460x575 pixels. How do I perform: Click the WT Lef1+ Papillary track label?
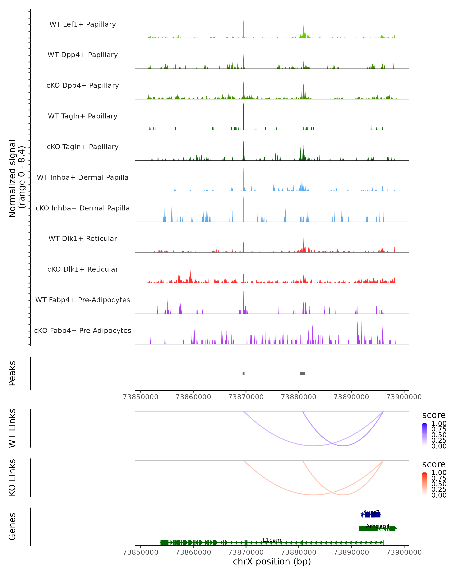pyautogui.click(x=83, y=24)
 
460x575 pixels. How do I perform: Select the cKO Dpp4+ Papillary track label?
pyautogui.click(x=83, y=86)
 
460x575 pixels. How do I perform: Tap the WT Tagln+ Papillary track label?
pyautogui.click(x=83, y=116)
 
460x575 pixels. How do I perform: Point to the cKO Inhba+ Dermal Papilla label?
pyautogui.click(x=83, y=208)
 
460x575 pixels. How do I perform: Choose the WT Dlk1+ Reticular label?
pyautogui.click(x=83, y=239)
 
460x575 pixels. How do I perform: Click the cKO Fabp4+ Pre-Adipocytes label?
pyautogui.click(x=83, y=331)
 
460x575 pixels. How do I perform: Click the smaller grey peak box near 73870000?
pyautogui.click(x=243, y=374)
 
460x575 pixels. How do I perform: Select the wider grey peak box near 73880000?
pyautogui.click(x=302, y=374)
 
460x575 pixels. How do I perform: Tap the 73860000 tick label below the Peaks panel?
pyautogui.click(x=193, y=397)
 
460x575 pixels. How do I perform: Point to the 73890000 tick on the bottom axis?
pyautogui.click(x=351, y=552)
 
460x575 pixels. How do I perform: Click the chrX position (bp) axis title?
pyautogui.click(x=272, y=562)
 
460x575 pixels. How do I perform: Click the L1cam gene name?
pyautogui.click(x=272, y=540)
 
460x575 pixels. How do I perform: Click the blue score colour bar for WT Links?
pyautogui.click(x=425, y=435)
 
